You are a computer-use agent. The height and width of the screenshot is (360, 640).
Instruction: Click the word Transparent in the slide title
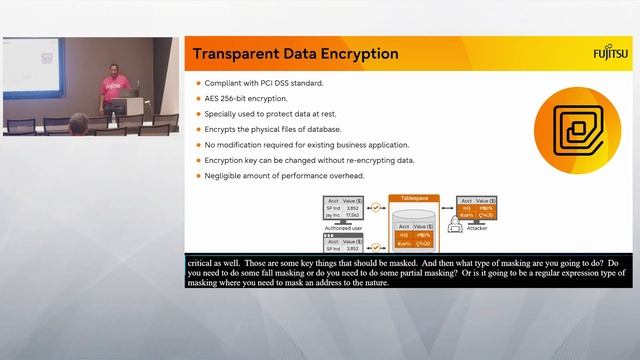pos(238,54)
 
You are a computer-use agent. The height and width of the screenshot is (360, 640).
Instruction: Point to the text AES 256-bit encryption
pos(247,99)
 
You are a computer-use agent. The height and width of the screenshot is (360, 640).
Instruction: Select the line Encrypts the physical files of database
pos(273,130)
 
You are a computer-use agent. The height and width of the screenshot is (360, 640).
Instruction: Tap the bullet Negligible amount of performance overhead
pos(285,176)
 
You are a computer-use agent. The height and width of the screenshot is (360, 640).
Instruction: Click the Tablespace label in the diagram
pos(414,199)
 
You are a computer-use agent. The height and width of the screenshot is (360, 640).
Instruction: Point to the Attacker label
pos(477,228)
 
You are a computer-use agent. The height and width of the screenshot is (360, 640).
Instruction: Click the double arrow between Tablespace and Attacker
pos(445,209)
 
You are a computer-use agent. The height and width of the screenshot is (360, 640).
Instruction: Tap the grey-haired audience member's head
pos(79,124)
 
